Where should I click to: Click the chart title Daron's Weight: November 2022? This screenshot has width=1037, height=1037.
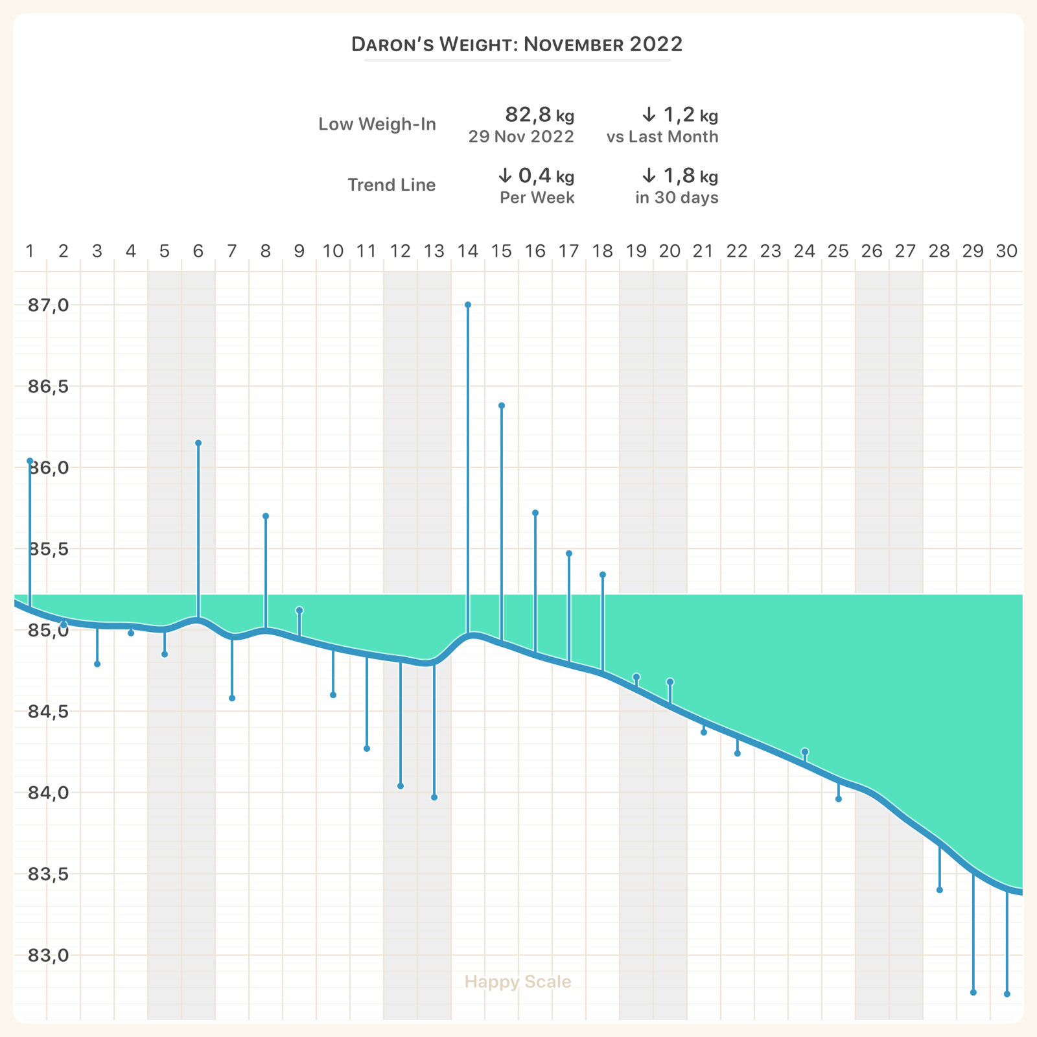(517, 44)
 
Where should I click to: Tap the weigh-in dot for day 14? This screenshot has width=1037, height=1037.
(468, 305)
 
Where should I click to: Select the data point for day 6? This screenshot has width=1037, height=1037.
(198, 443)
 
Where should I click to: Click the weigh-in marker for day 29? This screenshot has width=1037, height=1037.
(973, 992)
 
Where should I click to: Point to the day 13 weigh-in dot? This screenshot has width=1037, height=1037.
(434, 797)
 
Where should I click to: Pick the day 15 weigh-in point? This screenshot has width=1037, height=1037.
(502, 406)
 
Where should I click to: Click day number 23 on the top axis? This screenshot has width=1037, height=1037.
(771, 251)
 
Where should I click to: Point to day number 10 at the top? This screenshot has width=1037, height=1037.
(333, 251)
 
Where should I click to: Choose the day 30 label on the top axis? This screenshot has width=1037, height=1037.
(1007, 251)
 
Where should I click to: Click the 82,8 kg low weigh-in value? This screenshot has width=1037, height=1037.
(539, 115)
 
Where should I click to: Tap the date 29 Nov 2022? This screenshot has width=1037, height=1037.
(521, 137)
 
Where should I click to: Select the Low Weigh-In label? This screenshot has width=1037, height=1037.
(377, 124)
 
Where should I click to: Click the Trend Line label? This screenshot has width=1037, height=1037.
(391, 185)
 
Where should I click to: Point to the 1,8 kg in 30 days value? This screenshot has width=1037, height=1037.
(680, 176)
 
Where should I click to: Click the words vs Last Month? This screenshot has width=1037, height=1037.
(662, 137)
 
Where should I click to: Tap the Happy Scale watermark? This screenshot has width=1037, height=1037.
(518, 981)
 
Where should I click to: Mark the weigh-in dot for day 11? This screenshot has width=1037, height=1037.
(367, 749)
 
